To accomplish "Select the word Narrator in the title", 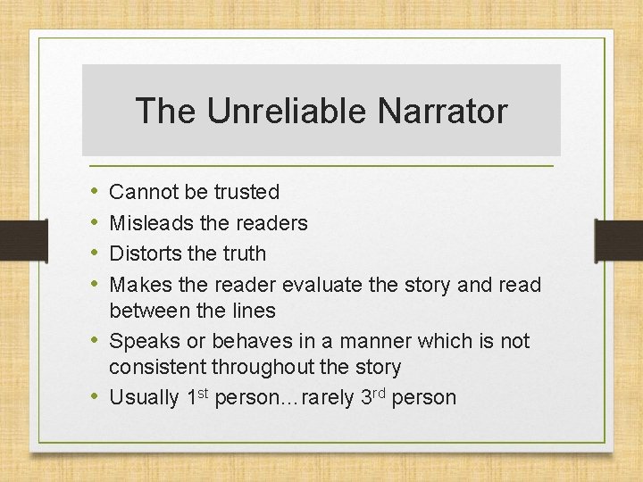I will pos(442,112).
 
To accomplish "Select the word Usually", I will pos(144,398).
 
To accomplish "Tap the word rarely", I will pos(328,398).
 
